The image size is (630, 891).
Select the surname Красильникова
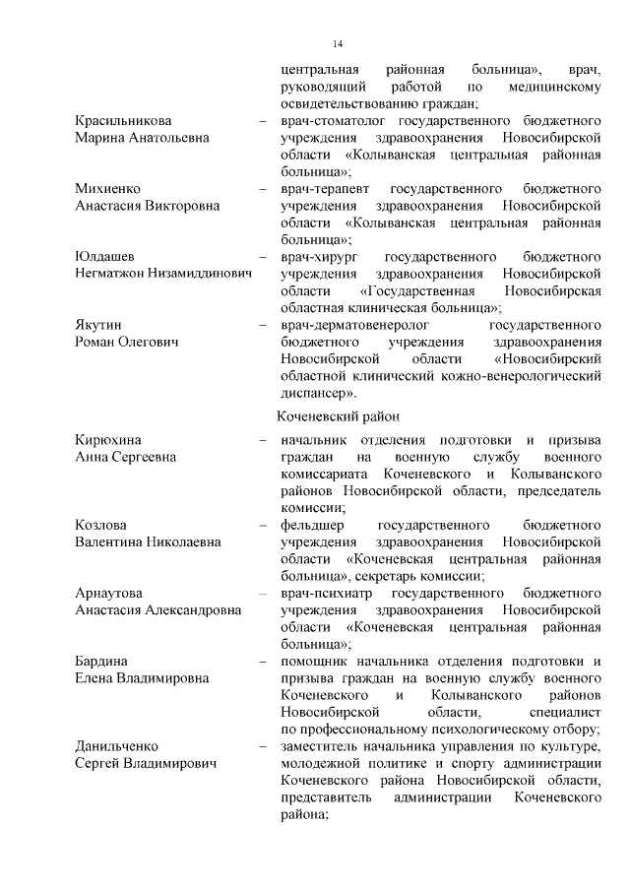(123, 121)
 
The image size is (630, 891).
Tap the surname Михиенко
(107, 189)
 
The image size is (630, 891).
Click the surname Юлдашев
(104, 257)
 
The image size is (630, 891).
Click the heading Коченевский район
(339, 417)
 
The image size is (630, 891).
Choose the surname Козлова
(100, 525)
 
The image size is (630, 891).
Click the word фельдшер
(309, 525)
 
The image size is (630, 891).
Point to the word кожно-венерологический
(526, 376)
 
